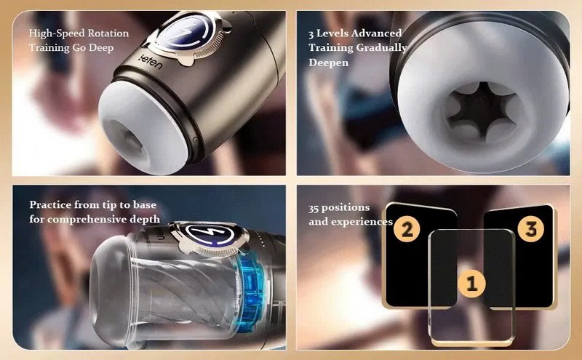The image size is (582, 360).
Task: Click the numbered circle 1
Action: [471, 284]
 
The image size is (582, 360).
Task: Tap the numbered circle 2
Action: [407, 229]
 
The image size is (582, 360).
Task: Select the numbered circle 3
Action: [531, 229]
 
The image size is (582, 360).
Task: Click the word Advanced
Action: [376, 33]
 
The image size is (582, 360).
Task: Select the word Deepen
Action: [329, 63]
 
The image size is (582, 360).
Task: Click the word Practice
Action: [50, 205]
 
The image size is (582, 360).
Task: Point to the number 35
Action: [314, 208]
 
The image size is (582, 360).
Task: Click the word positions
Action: [346, 208]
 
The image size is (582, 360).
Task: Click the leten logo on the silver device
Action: [152, 62]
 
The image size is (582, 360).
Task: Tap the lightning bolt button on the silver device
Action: [189, 32]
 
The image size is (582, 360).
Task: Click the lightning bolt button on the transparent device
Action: [210, 235]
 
